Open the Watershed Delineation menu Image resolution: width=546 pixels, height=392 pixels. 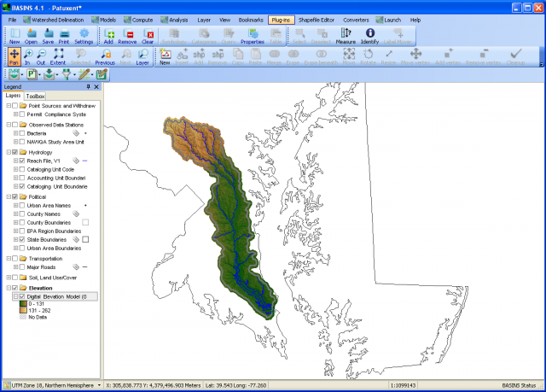59,18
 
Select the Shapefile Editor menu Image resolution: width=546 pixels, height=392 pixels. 317,18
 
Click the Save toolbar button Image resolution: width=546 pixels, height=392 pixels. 48,35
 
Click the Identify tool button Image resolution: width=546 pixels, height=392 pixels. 369,35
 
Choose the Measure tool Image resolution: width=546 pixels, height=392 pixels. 346,35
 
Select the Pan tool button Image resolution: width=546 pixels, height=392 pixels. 14,57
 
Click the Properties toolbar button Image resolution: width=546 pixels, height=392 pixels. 252,35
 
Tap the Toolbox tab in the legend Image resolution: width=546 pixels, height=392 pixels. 35,97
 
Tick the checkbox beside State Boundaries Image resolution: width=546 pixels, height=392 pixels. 21,240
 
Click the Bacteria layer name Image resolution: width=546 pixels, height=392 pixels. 37,133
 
